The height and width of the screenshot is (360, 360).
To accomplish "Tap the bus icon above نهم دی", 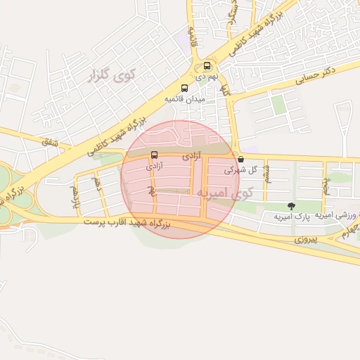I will click(206, 65).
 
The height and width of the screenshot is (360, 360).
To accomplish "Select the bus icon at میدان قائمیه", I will click(184, 89).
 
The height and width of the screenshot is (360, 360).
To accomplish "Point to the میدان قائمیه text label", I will click(184, 99).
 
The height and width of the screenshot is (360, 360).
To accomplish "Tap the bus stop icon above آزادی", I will click(154, 155).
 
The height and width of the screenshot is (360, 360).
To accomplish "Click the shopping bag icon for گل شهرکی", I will click(241, 160).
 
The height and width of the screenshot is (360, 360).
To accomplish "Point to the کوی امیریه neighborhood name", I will click(225, 192).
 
